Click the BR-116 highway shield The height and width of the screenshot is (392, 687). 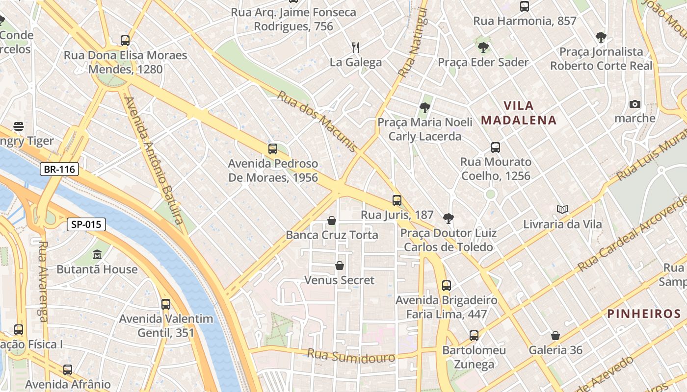pos(59,170)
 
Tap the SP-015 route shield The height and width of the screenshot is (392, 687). pos(86,224)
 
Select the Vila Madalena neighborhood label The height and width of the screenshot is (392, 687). pos(519,113)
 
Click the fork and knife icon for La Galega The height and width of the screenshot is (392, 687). pos(356,48)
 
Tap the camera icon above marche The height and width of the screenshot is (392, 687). pos(634,104)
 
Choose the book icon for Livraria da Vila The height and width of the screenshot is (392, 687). pos(562,210)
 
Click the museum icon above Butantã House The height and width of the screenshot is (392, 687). pos(97,255)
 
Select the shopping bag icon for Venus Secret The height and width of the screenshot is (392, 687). pos(339,266)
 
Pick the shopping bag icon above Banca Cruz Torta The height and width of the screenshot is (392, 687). pos(332,220)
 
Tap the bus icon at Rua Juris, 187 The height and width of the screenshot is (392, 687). pos(397,200)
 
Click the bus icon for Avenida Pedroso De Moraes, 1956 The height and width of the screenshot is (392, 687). pos(273,149)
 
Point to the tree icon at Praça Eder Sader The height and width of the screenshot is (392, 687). pos(483,48)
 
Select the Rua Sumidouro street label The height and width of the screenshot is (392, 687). pos(351,356)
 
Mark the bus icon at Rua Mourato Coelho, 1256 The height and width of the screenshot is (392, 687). pos(496,147)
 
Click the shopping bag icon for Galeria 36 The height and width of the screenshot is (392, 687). pos(555,336)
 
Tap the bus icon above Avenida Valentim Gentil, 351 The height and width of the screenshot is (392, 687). pos(166,304)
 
